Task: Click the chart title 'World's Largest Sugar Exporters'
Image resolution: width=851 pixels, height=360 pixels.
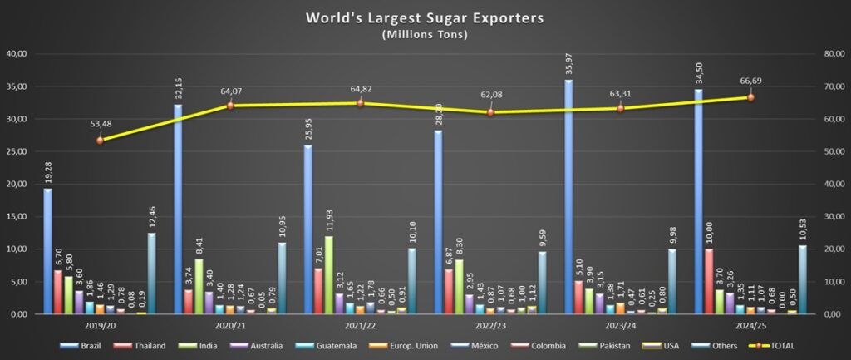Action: click(425, 17)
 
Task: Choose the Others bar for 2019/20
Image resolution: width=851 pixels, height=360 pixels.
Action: click(151, 274)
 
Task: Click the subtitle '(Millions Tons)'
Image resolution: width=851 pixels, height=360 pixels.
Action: click(425, 34)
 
